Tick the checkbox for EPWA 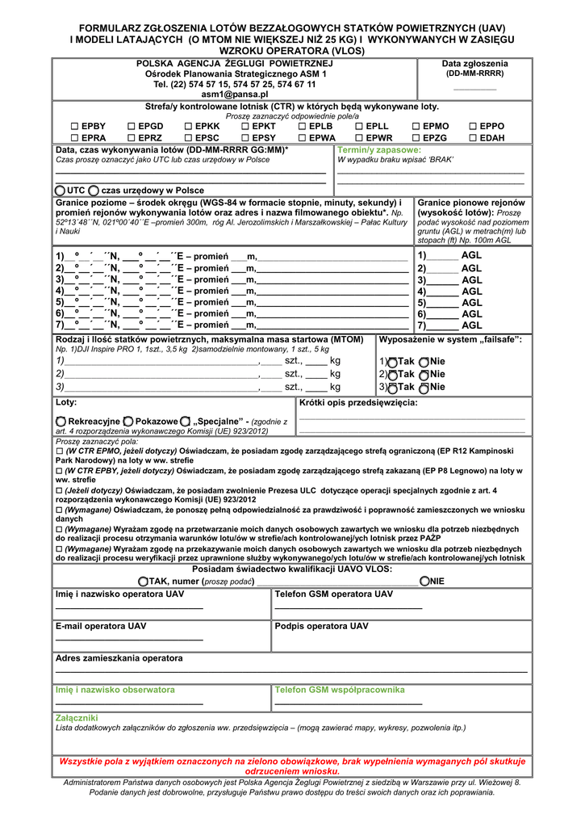(x=303, y=138)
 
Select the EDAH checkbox (x=473, y=138)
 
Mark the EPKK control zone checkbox (x=189, y=127)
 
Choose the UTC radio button (x=61, y=189)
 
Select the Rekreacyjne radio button (x=61, y=422)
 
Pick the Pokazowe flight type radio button (x=128, y=422)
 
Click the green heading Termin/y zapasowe (x=379, y=150)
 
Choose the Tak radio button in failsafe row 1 (x=392, y=362)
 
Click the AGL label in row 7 (x=471, y=325)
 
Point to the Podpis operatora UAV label (x=321, y=626)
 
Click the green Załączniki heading (x=77, y=717)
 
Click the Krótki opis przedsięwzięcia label (x=358, y=402)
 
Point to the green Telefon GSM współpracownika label (x=339, y=690)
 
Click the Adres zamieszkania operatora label (x=119, y=658)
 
